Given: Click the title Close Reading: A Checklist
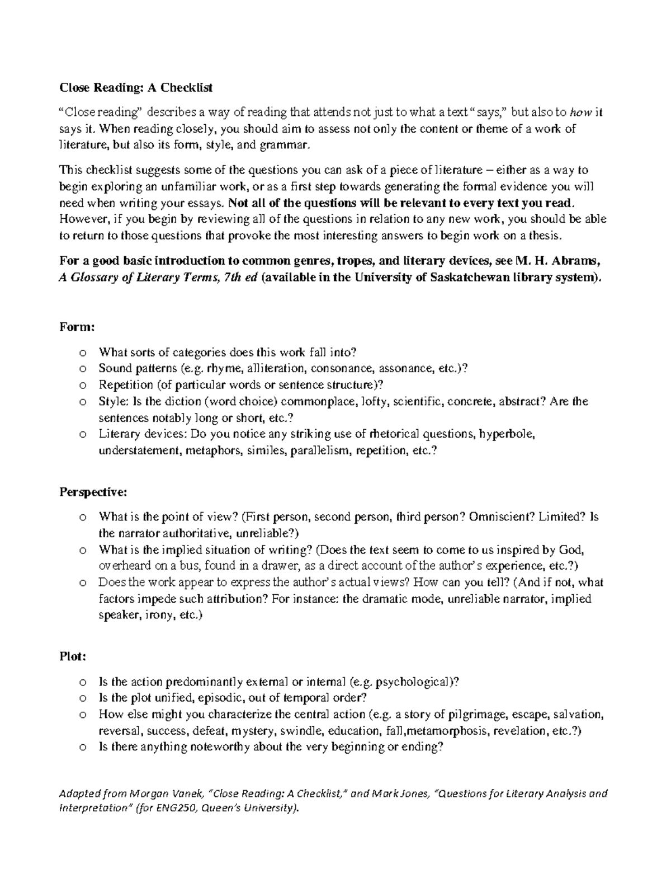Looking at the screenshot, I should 136,88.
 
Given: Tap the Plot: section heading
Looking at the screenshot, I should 73,657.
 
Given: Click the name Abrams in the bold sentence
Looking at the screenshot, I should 582,261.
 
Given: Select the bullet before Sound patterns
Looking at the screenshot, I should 83,369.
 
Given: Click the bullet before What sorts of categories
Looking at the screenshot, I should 83,353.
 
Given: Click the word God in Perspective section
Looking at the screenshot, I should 575,550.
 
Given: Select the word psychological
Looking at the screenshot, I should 414,682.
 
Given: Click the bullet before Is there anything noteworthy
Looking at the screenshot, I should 83,748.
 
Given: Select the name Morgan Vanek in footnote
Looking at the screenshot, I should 168,793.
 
